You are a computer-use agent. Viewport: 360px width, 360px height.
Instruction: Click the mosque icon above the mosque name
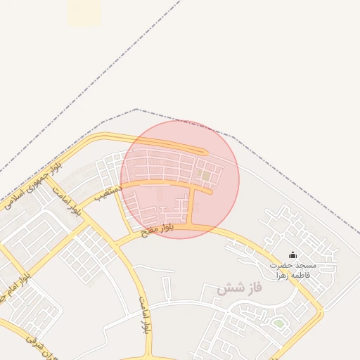click(x=293, y=255)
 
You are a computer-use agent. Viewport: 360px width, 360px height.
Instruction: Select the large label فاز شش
click(x=239, y=288)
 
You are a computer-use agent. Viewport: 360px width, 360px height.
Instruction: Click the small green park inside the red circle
click(x=204, y=172)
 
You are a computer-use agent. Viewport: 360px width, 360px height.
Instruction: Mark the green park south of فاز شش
click(x=279, y=323)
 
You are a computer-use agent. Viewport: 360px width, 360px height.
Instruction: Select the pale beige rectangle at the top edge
click(x=84, y=12)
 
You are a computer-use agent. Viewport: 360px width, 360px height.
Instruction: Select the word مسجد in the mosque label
click(x=307, y=266)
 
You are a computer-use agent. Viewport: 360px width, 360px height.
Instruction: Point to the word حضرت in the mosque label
click(x=284, y=266)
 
